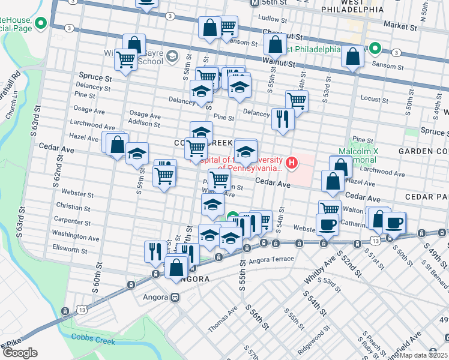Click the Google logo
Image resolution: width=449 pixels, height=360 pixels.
(x=20, y=353)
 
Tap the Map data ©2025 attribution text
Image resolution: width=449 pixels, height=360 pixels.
(x=423, y=355)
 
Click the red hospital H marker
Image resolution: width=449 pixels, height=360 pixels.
(x=292, y=162)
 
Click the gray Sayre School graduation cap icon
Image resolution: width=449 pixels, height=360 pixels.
(x=173, y=57)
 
